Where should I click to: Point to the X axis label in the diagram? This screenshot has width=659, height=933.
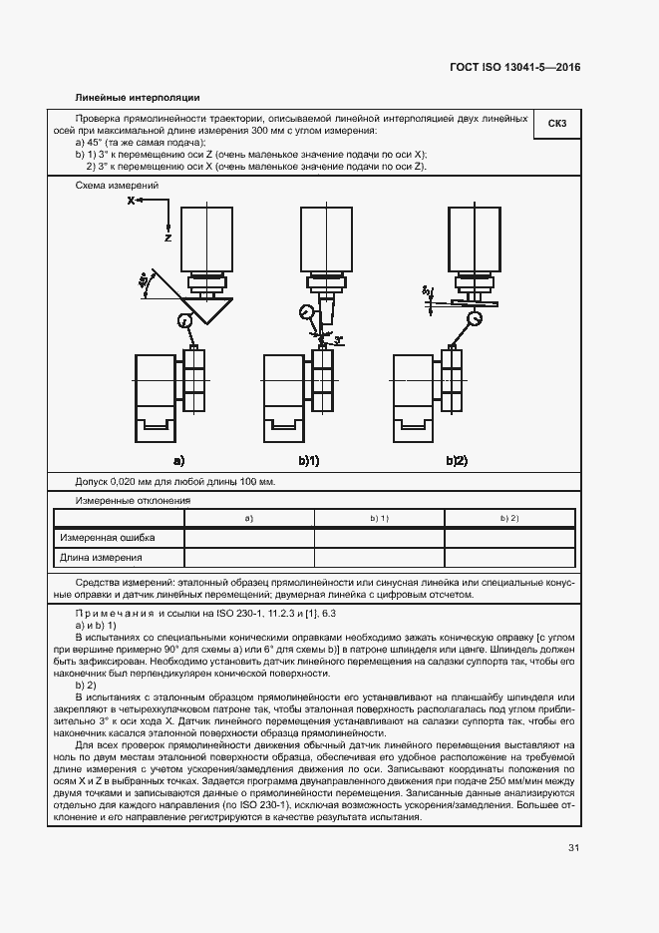point(131,201)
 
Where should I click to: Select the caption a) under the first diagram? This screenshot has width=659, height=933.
point(179,460)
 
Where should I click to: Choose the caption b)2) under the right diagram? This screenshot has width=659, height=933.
point(456,460)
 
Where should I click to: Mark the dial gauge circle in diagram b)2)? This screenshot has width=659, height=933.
point(475,318)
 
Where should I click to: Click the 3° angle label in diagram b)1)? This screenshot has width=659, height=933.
point(339,339)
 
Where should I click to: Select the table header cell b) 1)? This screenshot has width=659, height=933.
point(379,519)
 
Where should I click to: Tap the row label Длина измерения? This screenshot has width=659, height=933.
point(102,558)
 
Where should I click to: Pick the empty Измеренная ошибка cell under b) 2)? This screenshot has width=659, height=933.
point(508,538)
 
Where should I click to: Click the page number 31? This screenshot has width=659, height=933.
point(573,848)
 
